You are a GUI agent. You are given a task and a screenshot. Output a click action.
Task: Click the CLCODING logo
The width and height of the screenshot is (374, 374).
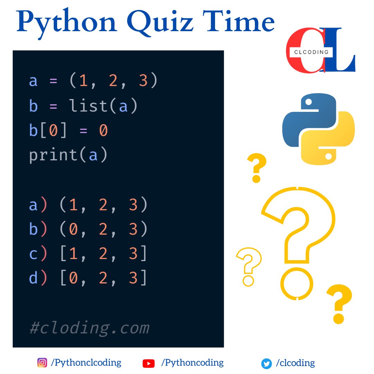[320, 51]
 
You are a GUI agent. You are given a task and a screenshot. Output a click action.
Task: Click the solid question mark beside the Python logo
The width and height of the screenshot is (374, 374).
[257, 168]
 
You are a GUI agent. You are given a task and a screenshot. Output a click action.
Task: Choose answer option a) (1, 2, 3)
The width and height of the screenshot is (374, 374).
[89, 205]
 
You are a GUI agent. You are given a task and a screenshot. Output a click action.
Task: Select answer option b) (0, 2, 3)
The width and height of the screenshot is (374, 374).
[89, 229]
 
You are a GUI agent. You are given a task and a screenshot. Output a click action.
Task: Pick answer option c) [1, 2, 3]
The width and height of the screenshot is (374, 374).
[89, 254]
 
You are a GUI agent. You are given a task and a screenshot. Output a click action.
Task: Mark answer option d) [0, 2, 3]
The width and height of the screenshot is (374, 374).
[89, 278]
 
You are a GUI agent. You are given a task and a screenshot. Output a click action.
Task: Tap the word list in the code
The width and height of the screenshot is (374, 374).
[89, 106]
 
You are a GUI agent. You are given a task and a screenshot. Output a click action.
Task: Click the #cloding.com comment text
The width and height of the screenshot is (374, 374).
[89, 327]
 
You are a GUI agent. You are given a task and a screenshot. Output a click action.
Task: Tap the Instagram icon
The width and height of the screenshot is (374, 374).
[42, 363]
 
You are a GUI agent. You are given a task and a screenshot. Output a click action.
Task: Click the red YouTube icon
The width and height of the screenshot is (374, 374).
[149, 363]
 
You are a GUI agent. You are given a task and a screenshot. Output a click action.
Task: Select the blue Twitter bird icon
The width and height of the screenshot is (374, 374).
[266, 364]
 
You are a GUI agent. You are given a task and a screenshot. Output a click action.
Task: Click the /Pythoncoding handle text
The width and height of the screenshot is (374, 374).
[193, 363]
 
